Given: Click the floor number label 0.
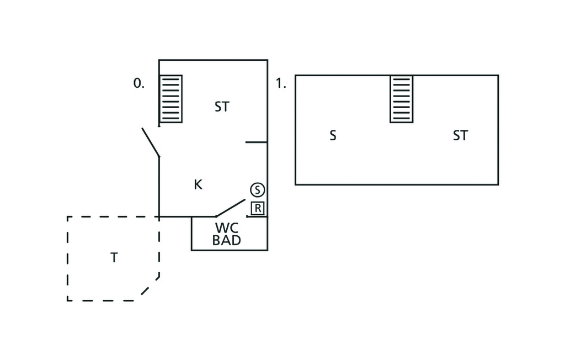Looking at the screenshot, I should coord(138,83).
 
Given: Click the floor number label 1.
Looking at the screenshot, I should coord(281,83).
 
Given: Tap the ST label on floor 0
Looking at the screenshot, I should coord(222,107).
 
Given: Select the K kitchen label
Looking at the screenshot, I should coord(198,184).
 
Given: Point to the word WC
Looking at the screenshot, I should coord(227,228).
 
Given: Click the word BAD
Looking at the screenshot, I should coord(227,240).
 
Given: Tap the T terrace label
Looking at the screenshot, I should coord(114,257).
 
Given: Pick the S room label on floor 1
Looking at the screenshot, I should coord(333,135).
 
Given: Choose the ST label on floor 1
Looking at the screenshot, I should coord(460,135).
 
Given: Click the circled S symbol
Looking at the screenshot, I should coord(257,190).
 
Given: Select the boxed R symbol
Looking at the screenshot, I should coord(258,208).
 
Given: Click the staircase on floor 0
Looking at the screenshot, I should coord(171,99).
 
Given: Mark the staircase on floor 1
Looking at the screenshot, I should coord(401,99).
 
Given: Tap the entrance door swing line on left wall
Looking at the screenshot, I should coord(151,142).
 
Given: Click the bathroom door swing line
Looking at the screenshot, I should coord(230,208).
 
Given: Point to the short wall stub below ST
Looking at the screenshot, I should coord(256,142).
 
